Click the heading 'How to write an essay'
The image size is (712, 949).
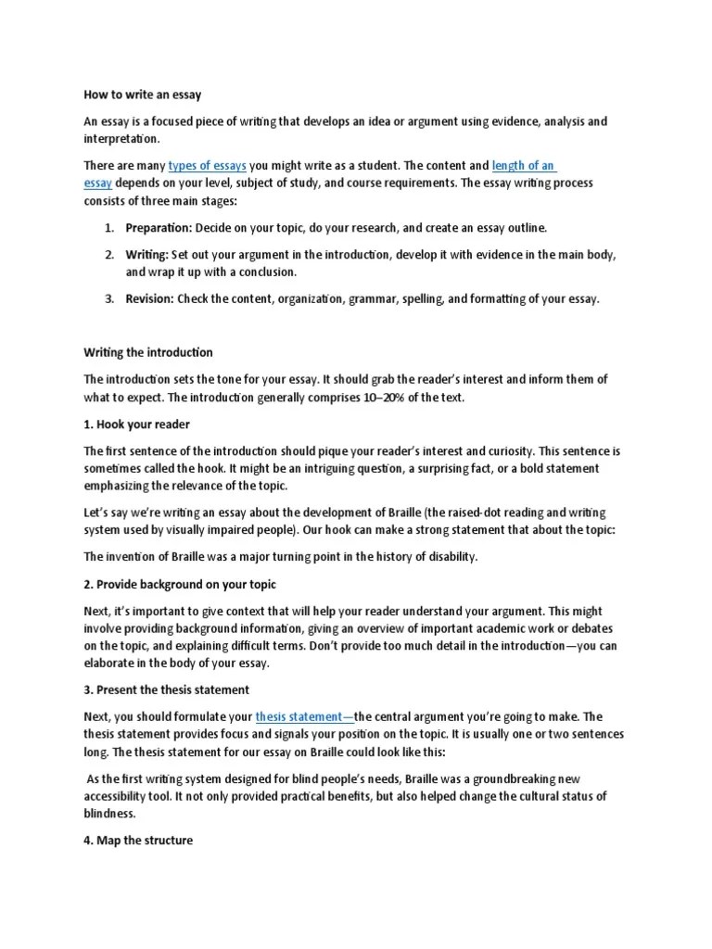click(143, 95)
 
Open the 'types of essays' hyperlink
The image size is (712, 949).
click(207, 166)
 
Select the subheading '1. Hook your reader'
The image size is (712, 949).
click(136, 424)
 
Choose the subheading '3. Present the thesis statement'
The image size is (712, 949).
click(168, 690)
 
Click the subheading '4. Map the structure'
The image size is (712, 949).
click(138, 841)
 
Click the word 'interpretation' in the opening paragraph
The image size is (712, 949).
click(121, 139)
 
